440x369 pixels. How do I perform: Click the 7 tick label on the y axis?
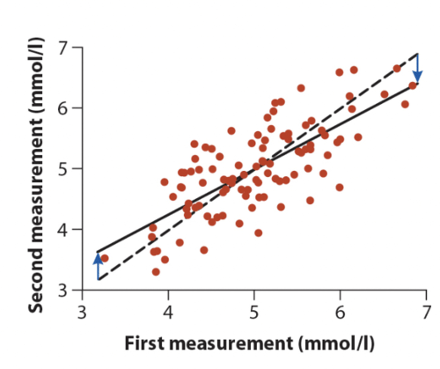(63, 48)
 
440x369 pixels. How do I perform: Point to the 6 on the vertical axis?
(63, 108)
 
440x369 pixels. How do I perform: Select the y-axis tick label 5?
(63, 169)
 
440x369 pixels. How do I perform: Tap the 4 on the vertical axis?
(63, 229)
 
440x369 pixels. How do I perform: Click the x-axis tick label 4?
(168, 313)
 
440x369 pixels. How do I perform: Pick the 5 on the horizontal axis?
(254, 313)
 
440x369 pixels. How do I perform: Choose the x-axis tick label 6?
(340, 313)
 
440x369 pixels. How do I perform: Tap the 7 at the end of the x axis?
(426, 313)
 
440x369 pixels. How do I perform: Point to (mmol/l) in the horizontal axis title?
(336, 343)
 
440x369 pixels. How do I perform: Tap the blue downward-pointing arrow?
(417, 68)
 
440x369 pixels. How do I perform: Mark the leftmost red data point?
(105, 258)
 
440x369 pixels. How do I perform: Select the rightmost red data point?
(413, 85)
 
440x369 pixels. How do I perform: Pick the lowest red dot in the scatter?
(156, 272)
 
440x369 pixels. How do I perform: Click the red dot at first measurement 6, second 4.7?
(339, 187)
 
